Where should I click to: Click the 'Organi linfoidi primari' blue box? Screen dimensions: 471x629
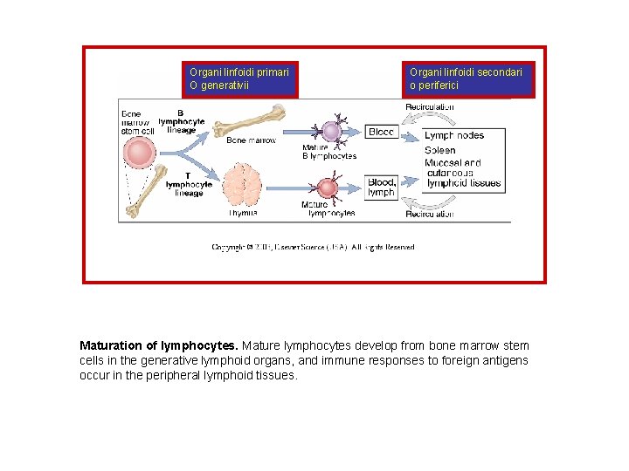[x=240, y=78]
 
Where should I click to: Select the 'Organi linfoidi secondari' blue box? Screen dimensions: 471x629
[x=468, y=78]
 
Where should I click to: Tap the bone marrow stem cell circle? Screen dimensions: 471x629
[x=140, y=154]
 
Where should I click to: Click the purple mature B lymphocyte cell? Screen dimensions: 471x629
[x=330, y=131]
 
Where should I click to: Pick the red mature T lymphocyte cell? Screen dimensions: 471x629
[x=328, y=188]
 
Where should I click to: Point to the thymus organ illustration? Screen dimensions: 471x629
[x=242, y=186]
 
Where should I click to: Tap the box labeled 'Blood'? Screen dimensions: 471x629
[x=381, y=132]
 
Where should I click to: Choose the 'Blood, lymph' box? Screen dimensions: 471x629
[x=381, y=187]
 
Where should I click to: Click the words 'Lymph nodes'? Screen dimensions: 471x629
[x=453, y=135]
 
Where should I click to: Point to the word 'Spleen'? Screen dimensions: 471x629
[x=440, y=149]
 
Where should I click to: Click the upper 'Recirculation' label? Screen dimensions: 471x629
[x=429, y=107]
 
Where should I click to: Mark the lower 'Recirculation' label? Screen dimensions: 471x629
[x=429, y=214]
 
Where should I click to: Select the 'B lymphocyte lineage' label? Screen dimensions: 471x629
[x=182, y=121]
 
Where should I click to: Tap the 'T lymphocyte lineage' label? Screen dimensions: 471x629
[x=188, y=184]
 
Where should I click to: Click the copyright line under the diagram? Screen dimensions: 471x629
[x=313, y=248]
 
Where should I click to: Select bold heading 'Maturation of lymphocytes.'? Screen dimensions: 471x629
[x=159, y=346]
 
